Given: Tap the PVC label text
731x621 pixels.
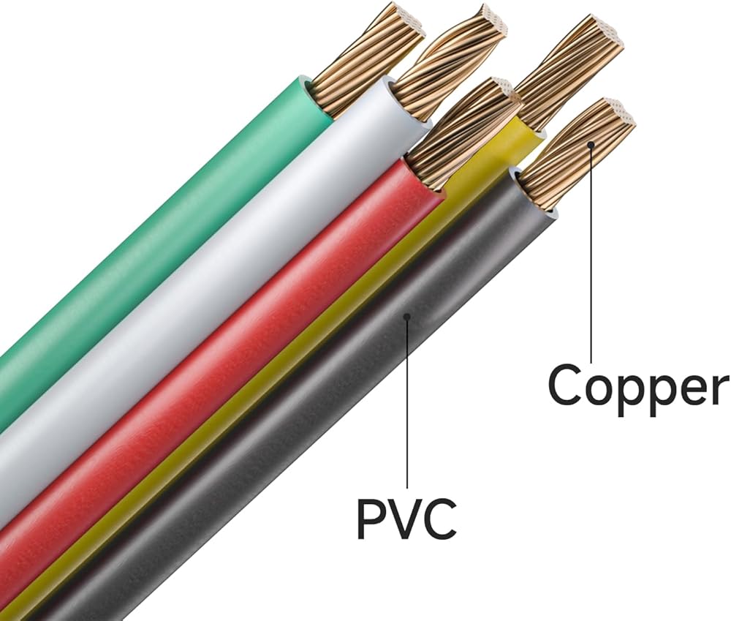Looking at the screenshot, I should point(406,517).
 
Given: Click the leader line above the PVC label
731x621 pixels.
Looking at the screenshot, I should point(408,402).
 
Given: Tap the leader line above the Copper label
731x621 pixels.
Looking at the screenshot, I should point(591,256).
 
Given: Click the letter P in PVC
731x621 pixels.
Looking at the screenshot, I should point(370,517).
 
